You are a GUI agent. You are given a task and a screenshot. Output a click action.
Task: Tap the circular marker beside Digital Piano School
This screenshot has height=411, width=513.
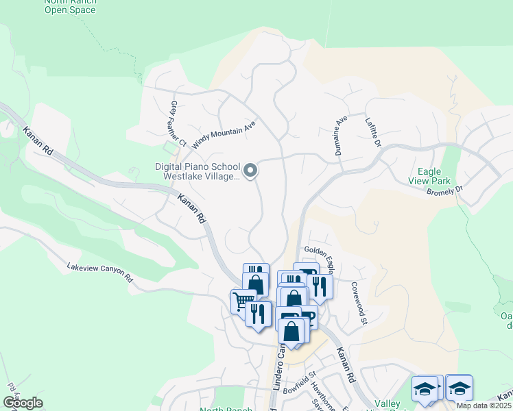(251, 171)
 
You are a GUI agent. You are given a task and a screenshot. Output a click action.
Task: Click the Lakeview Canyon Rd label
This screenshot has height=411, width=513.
(99, 272)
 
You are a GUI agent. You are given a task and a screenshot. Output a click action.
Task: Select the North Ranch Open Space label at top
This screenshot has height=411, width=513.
(71, 7)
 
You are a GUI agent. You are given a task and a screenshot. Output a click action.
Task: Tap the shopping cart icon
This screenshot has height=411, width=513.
(243, 301)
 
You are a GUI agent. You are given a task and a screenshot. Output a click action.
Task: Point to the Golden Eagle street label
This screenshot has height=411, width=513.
(319, 252)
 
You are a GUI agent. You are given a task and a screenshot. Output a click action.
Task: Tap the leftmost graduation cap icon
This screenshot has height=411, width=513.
(425, 388)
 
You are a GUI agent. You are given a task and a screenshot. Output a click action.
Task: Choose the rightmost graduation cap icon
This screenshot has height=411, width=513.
(459, 388)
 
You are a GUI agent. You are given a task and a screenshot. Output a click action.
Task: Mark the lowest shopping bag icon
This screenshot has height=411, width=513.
(291, 331)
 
